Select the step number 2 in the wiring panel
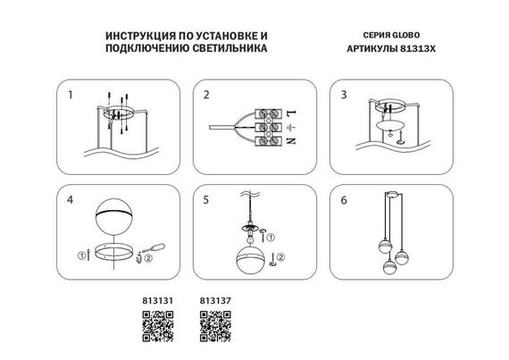[x=206, y=94]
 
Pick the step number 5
[x=206, y=199]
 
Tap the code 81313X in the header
[x=413, y=51]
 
